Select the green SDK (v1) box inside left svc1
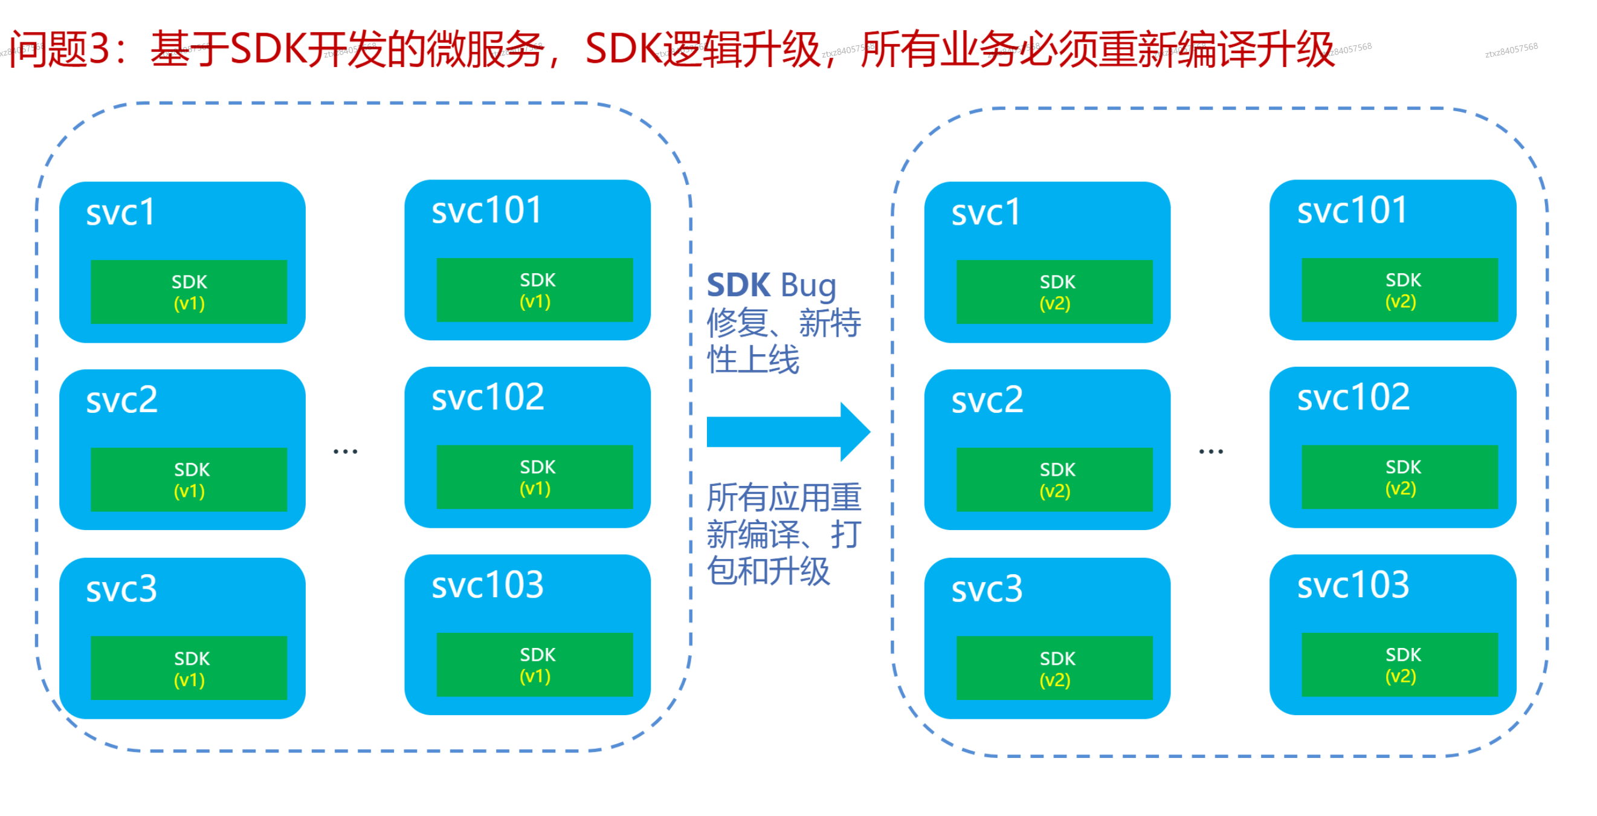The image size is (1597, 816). coord(189,292)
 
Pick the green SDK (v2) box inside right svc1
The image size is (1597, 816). coord(1054,292)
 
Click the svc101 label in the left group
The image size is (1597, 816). coord(486,210)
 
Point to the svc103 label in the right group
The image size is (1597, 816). coord(1353,584)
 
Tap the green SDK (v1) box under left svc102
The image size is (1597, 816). coord(534,477)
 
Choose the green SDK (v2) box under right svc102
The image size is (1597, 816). coord(1400,477)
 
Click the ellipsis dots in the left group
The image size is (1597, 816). coord(345,452)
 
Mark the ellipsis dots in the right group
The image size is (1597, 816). coord(1211,452)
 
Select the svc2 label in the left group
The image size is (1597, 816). coord(121,400)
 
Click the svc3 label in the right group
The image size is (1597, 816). coord(987,589)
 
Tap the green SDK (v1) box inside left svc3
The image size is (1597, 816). coord(189,668)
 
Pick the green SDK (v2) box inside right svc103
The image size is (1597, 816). coord(1400,665)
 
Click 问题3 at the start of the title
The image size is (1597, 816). coord(59,50)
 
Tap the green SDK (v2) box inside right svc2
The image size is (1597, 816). coord(1054,479)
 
